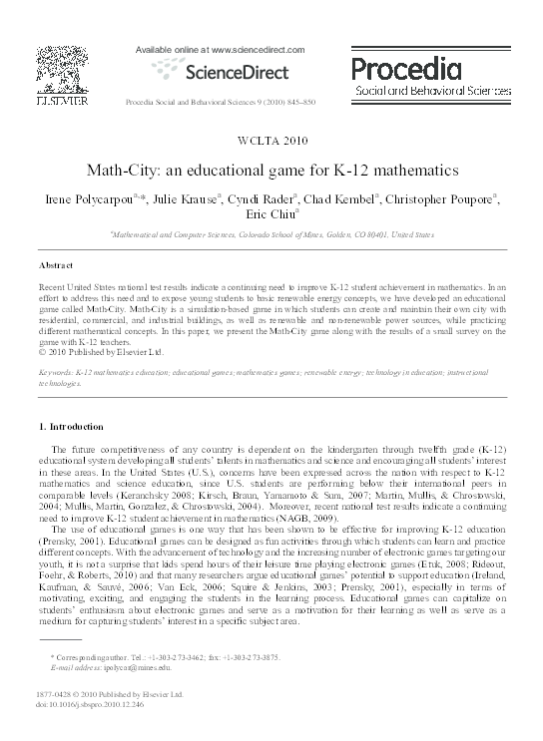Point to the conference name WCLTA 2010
point(272,139)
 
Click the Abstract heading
point(57,266)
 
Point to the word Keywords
point(56,371)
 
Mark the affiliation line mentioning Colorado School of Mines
point(271,235)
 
